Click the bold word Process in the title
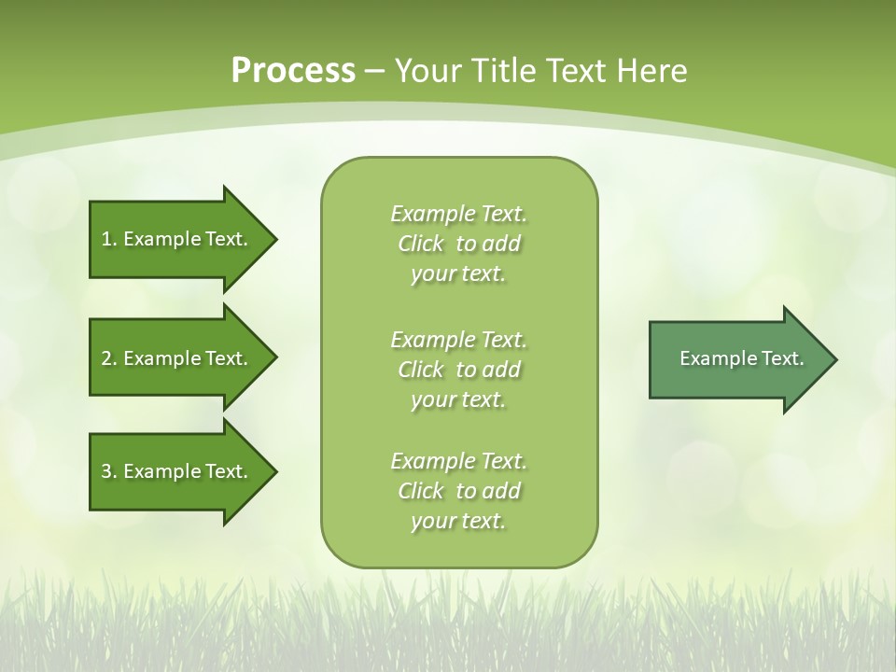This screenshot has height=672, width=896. tap(293, 70)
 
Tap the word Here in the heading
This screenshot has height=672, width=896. tap(654, 70)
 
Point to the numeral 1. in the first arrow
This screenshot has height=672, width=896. tap(108, 239)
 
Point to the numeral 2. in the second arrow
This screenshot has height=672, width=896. tap(108, 358)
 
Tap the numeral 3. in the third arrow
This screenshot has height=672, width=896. tap(108, 471)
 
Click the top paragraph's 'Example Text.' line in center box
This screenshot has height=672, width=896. tap(458, 214)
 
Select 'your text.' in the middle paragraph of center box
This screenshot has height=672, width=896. tap(458, 399)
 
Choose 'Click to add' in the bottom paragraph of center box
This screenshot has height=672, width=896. tap(458, 491)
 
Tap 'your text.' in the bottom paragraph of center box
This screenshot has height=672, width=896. tap(458, 521)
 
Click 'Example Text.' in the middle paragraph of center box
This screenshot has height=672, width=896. tap(458, 339)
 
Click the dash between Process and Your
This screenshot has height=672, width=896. tap(375, 71)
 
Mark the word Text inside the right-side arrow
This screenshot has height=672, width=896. tap(782, 358)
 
